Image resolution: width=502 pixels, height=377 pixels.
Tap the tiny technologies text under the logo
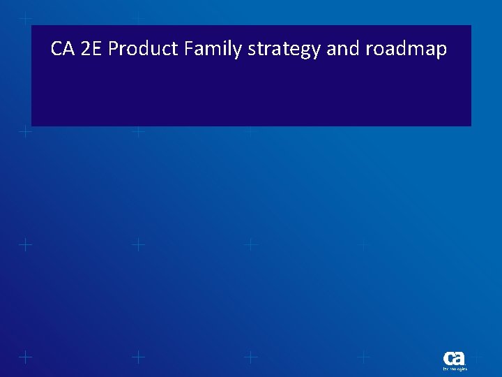455,369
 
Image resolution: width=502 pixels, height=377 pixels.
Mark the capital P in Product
114,50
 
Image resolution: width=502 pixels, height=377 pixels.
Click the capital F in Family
189,50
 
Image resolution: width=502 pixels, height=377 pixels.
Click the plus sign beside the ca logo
477,357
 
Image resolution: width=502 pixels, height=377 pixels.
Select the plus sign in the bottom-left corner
25,357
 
